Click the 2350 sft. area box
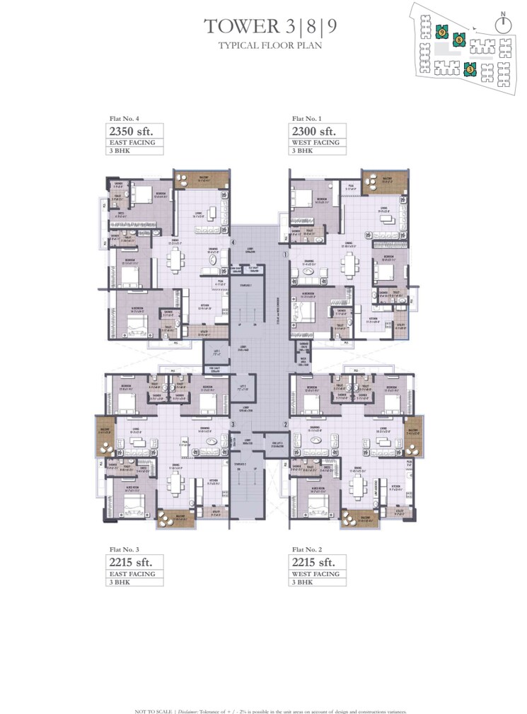[130, 131]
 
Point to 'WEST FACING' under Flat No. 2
[315, 574]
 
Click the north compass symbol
[504, 23]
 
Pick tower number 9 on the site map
[441, 32]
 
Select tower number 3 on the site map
[470, 69]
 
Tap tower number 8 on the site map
[459, 41]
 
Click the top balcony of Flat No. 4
[190, 179]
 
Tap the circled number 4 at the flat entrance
[233, 242]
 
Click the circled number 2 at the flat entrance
[285, 424]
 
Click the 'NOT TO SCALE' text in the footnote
[149, 710]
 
